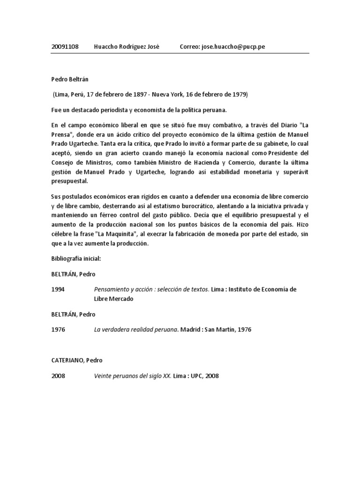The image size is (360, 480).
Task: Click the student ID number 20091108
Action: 65,47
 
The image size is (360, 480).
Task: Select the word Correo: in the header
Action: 190,47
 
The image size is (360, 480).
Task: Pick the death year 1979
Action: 239,94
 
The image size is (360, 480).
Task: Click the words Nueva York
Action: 163,94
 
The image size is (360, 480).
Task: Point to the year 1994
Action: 58,290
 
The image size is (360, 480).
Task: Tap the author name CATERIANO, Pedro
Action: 77,360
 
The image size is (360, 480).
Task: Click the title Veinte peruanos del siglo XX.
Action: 133,375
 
